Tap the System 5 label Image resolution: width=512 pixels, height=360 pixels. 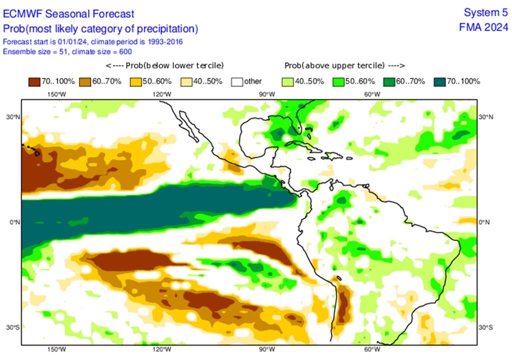483,12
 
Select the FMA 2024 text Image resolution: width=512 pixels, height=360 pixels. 483,27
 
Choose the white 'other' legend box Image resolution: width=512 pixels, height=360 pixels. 237,81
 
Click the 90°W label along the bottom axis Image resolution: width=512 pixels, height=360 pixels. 266,349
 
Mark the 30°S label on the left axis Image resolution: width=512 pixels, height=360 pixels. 13,327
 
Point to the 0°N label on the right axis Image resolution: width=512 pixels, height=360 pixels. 485,222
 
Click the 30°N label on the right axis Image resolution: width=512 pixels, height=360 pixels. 485,116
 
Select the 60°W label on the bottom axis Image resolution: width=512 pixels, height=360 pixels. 371,349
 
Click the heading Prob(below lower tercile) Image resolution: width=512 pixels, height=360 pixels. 165,65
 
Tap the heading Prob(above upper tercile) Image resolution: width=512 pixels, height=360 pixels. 344,65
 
